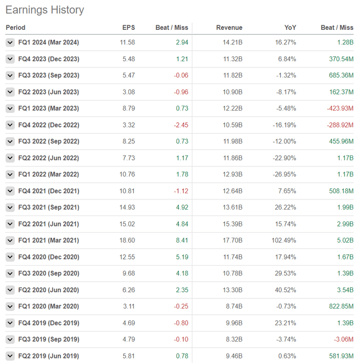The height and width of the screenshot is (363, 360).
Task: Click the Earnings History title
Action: point(45,10)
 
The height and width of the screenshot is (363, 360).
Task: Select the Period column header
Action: point(16,28)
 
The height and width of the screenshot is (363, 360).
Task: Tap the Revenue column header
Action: point(229,28)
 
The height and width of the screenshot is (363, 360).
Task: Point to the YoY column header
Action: point(290,28)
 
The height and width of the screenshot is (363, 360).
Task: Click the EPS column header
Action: point(129,28)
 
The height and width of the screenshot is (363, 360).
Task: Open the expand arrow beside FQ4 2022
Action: point(10,125)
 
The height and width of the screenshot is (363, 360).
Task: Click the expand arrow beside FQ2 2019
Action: point(10,356)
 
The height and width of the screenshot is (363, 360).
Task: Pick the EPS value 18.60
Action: point(127,241)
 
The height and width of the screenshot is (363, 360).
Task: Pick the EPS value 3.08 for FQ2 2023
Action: point(129,92)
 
